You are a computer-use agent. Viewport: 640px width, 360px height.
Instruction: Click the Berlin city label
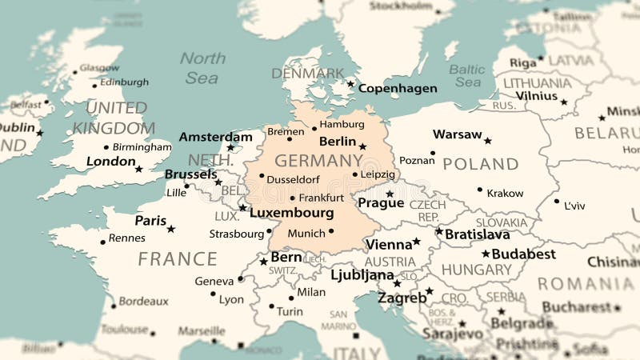click(337, 142)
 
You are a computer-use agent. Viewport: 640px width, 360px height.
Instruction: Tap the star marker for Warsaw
click(487, 141)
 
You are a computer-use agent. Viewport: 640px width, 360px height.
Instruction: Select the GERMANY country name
click(308, 160)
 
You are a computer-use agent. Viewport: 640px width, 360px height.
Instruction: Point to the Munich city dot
click(331, 232)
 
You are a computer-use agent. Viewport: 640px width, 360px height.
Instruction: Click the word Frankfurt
click(321, 198)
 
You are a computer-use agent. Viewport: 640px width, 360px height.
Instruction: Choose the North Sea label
click(202, 68)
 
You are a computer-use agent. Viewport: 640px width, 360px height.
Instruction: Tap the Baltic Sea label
click(466, 75)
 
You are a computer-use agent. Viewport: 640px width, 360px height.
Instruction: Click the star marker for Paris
click(170, 229)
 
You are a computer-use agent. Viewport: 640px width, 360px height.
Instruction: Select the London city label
click(110, 162)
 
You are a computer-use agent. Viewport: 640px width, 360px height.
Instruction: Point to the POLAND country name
click(481, 164)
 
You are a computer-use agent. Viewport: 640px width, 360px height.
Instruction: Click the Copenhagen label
click(398, 89)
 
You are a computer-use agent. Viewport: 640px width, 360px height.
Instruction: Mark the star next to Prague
click(390, 194)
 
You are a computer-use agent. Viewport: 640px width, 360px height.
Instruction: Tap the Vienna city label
click(388, 244)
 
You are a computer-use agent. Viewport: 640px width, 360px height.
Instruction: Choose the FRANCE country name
click(177, 259)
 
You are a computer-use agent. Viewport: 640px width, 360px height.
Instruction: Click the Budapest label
click(523, 254)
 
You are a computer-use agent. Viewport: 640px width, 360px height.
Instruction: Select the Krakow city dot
click(480, 190)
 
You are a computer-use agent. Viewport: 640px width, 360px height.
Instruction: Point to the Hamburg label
click(342, 125)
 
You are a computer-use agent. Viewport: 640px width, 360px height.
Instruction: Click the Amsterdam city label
click(215, 137)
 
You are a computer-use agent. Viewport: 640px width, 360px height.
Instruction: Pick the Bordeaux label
click(143, 302)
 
